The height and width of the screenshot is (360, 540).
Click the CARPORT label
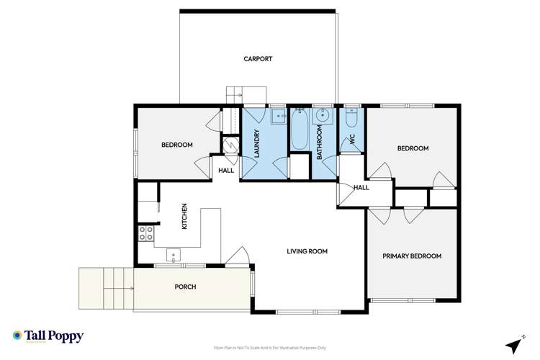(257, 59)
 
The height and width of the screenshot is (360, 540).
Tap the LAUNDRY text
(256, 143)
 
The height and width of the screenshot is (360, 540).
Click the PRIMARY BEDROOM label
(412, 256)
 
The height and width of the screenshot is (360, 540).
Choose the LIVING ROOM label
(307, 251)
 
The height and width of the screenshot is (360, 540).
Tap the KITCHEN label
(184, 217)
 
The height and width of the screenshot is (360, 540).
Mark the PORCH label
(185, 287)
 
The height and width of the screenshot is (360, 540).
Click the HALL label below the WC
(361, 187)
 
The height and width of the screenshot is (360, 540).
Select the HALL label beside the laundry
(226, 171)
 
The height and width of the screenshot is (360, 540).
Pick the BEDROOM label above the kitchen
(176, 145)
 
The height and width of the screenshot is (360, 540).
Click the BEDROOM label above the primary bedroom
(413, 148)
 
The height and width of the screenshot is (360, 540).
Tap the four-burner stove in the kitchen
(145, 233)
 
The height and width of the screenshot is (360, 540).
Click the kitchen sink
(174, 254)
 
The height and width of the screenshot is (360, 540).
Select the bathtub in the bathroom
(299, 130)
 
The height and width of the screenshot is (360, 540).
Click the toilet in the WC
(351, 117)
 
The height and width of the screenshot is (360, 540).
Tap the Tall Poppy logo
(48, 336)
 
